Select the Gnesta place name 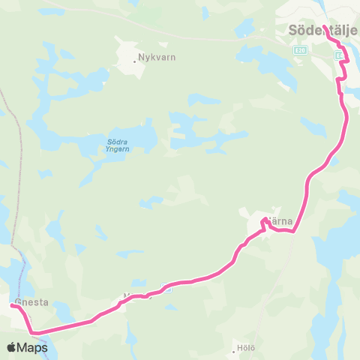point(31,303)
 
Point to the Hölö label point(246,349)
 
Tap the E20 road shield point(300,50)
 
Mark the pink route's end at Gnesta point(13,306)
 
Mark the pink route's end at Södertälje point(325,27)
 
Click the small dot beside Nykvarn point(135,61)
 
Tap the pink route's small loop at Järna point(265,222)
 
